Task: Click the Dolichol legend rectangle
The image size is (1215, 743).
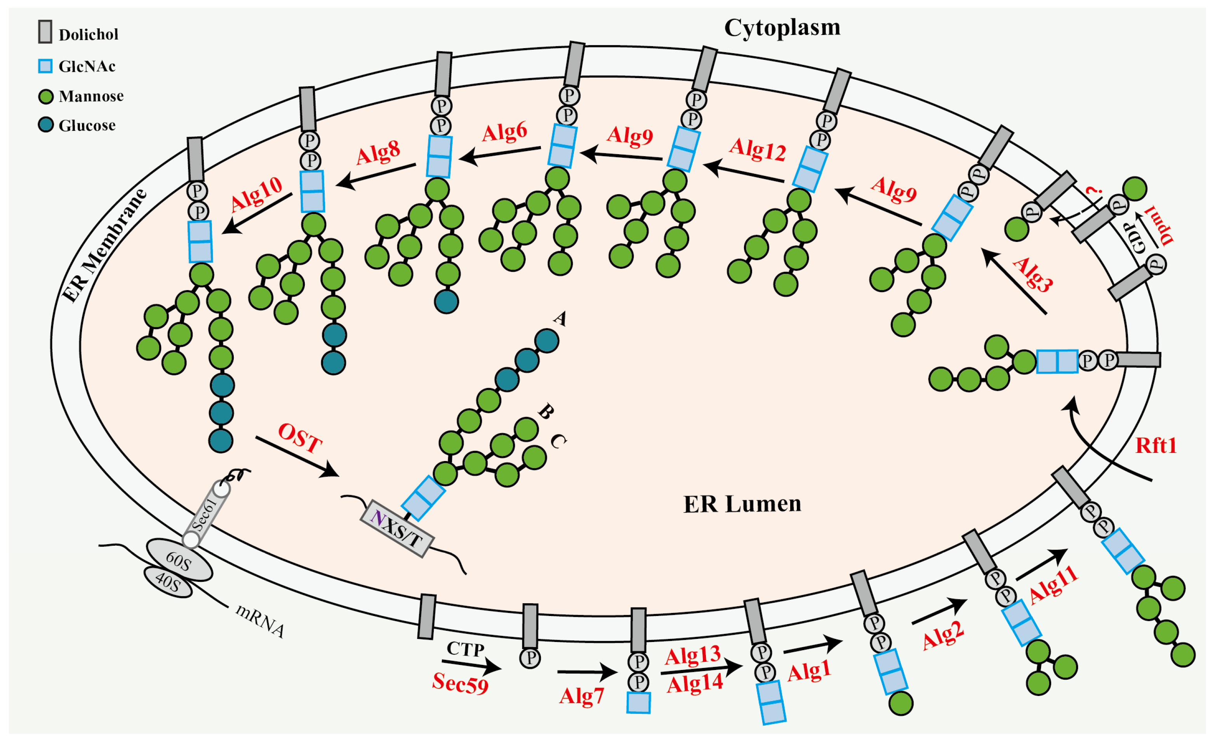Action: (x=45, y=31)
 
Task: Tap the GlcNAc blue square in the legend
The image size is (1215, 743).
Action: (x=45, y=66)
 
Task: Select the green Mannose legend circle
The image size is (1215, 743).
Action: (x=46, y=96)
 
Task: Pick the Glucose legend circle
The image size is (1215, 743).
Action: (x=46, y=125)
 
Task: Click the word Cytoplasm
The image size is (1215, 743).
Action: (x=782, y=28)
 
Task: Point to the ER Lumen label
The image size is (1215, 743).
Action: (x=742, y=504)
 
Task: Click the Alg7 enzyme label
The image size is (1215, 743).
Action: (x=581, y=696)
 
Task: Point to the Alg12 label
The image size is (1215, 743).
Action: (x=758, y=150)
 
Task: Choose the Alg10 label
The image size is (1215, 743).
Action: (x=256, y=193)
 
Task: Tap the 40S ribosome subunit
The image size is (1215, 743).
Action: (x=168, y=582)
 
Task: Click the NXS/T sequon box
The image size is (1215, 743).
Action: (x=397, y=528)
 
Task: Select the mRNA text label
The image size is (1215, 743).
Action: (x=260, y=621)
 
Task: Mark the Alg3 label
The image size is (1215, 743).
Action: (x=1032, y=274)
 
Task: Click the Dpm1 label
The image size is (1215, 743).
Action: (x=1161, y=225)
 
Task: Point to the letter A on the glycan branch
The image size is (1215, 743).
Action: (x=560, y=319)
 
